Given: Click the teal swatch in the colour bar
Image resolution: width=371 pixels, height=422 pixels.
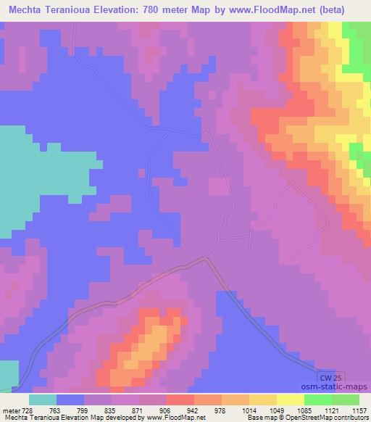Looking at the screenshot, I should (x=43, y=400).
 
